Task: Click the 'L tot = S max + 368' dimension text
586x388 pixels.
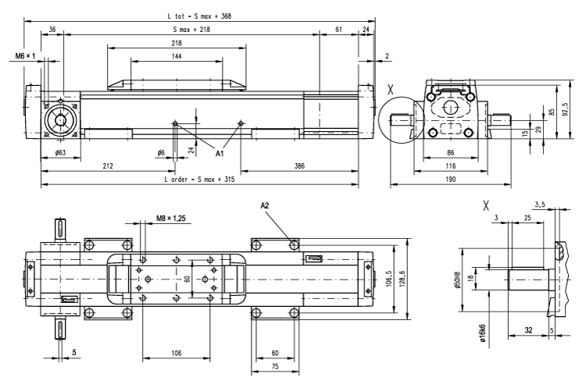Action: (x=198, y=16)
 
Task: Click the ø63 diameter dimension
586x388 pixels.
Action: (x=59, y=153)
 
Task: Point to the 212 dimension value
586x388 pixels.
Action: (x=107, y=166)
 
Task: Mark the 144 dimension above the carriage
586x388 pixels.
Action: (x=177, y=57)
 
